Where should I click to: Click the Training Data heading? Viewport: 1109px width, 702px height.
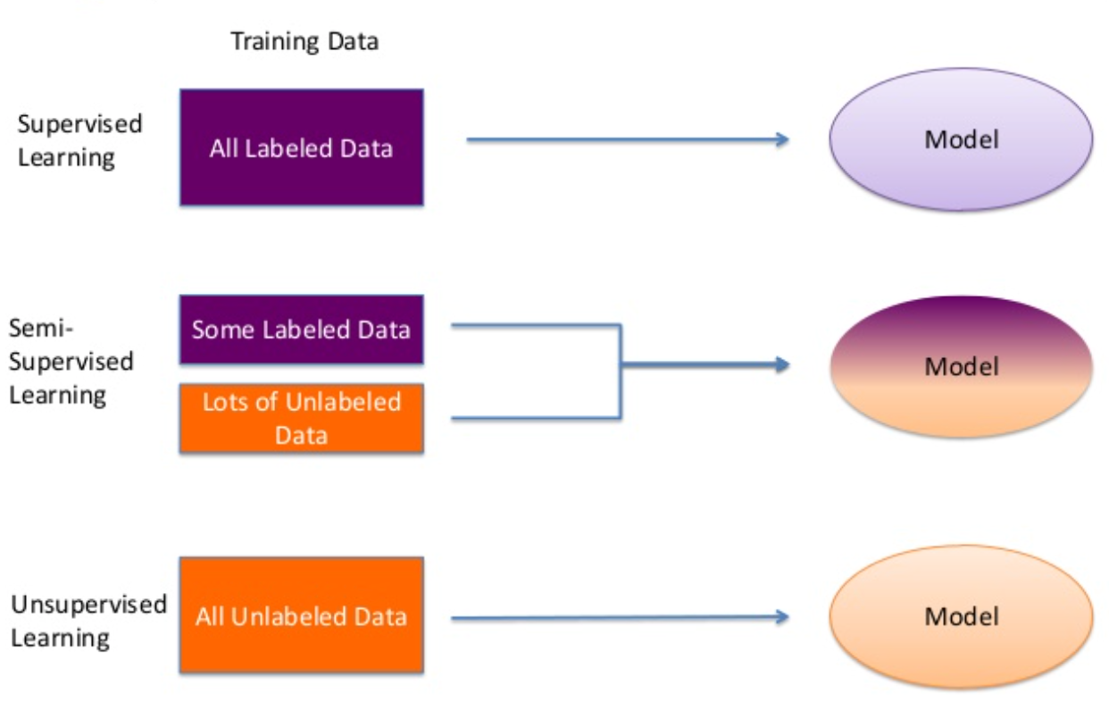pyautogui.click(x=304, y=41)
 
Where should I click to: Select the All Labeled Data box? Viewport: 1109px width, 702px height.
pyautogui.click(x=301, y=147)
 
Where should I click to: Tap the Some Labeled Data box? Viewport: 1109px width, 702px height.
pyautogui.click(x=301, y=330)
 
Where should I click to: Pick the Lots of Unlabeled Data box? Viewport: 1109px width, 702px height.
pyautogui.click(x=301, y=418)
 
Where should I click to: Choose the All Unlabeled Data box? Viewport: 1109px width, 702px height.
pyautogui.click(x=301, y=615)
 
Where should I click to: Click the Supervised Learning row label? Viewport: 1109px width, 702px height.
pyautogui.click(x=79, y=140)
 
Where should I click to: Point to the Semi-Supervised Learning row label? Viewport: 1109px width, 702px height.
pyautogui.click(x=71, y=362)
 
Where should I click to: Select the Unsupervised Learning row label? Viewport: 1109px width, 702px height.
pyautogui.click(x=88, y=621)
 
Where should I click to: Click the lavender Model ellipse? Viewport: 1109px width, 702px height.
pyautogui.click(x=962, y=140)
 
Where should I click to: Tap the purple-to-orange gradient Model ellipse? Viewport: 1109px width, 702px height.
pyautogui.click(x=962, y=366)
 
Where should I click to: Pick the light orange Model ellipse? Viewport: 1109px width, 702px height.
pyautogui.click(x=962, y=616)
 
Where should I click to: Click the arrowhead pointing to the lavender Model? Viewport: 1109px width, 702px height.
pyautogui.click(x=781, y=139)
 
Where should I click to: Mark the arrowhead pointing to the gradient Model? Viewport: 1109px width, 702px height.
pyautogui.click(x=781, y=364)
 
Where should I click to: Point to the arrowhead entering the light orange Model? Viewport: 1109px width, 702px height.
pyautogui.click(x=781, y=616)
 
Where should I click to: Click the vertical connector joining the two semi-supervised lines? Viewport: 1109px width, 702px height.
pyautogui.click(x=620, y=372)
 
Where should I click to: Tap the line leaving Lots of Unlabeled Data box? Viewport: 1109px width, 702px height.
pyautogui.click(x=536, y=418)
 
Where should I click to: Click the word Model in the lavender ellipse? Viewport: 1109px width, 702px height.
pyautogui.click(x=962, y=140)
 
